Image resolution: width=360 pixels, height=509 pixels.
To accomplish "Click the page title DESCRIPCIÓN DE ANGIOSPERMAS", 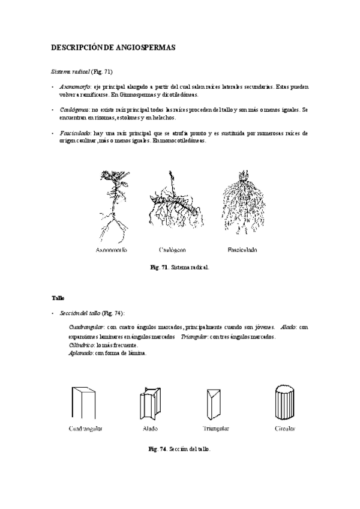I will click(113, 47).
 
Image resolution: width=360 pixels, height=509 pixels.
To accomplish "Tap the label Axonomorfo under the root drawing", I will click(111, 249).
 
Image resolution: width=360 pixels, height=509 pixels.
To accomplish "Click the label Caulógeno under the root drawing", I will click(172, 249).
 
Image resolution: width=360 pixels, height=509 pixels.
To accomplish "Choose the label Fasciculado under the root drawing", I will click(242, 249).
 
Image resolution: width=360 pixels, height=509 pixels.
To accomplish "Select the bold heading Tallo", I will click(58, 298).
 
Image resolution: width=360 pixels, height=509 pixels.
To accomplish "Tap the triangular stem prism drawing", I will click(215, 403).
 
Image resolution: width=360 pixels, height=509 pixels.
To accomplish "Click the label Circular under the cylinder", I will click(284, 429).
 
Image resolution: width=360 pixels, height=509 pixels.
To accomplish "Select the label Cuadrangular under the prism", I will click(85, 429).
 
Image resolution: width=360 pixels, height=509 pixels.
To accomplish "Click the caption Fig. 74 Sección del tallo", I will click(179, 449).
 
